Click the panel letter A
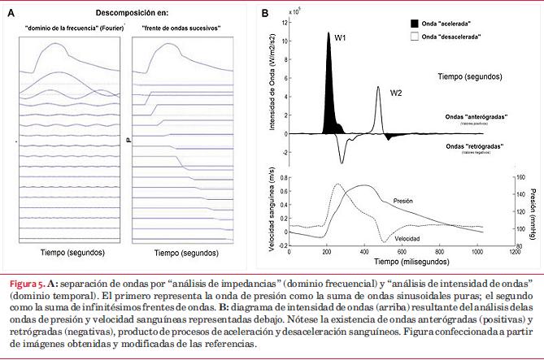tap(11, 14)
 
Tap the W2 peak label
tap(396, 93)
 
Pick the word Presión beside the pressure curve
tap(407, 200)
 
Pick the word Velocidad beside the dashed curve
tap(409, 239)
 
